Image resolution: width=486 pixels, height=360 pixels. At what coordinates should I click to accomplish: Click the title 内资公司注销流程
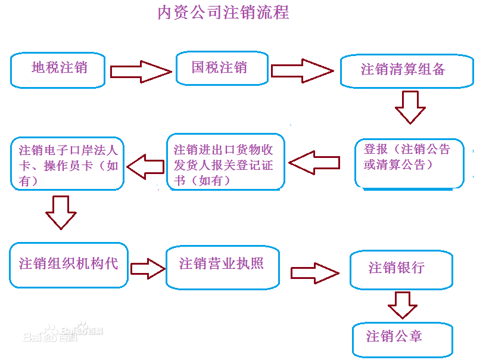click(x=223, y=13)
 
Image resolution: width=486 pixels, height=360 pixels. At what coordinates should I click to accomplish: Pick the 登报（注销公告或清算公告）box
click(x=409, y=164)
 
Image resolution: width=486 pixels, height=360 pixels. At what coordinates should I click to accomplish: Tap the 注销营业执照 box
click(x=223, y=265)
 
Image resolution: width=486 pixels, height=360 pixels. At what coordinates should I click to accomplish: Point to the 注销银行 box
click(x=400, y=269)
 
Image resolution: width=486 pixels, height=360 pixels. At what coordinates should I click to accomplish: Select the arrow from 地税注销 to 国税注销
click(x=141, y=71)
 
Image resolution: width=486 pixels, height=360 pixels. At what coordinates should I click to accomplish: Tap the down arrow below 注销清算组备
click(x=410, y=107)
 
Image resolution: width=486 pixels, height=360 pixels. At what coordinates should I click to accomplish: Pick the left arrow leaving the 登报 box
click(x=314, y=162)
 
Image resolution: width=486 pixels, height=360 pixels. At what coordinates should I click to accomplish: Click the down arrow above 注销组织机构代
click(x=61, y=212)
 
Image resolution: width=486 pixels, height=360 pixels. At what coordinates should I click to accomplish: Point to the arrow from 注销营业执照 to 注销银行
click(x=314, y=273)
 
